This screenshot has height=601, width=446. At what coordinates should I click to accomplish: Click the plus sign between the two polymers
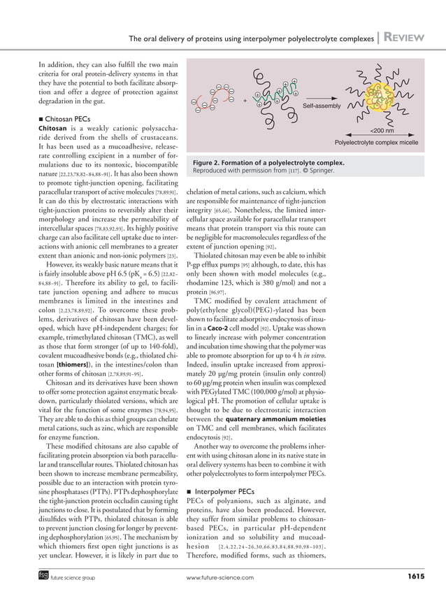coord(245,101)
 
